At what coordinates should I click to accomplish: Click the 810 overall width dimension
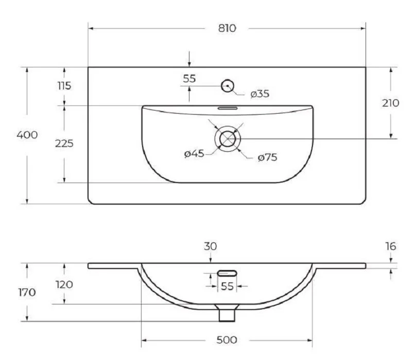(x=227, y=28)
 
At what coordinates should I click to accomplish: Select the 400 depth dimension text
(x=27, y=135)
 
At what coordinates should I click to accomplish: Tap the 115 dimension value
(x=64, y=86)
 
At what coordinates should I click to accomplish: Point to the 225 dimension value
(x=64, y=143)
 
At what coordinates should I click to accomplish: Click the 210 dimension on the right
(x=390, y=103)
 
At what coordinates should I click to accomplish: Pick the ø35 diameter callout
(x=260, y=94)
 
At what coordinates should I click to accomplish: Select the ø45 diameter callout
(x=194, y=154)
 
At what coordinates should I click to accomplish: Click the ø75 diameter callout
(x=267, y=157)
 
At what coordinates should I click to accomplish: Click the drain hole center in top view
(x=228, y=139)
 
